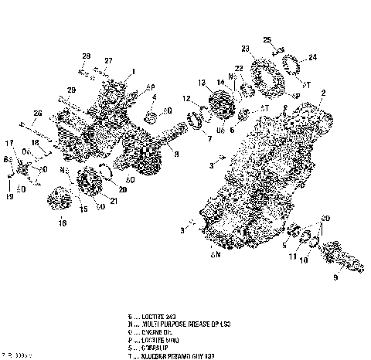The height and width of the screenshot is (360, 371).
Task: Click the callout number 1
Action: point(133,71)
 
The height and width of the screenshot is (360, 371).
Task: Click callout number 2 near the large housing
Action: point(322,93)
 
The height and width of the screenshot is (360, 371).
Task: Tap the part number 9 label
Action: point(335,276)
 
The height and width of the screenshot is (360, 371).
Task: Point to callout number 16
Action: point(63,223)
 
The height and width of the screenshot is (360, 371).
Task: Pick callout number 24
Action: point(313,56)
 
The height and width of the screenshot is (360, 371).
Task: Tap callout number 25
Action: point(267,39)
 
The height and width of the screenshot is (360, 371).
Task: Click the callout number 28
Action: point(87,56)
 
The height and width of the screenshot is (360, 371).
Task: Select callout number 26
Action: point(36,114)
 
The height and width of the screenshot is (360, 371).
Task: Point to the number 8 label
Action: point(175,154)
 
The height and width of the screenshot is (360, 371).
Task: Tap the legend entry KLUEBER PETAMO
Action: point(171,356)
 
